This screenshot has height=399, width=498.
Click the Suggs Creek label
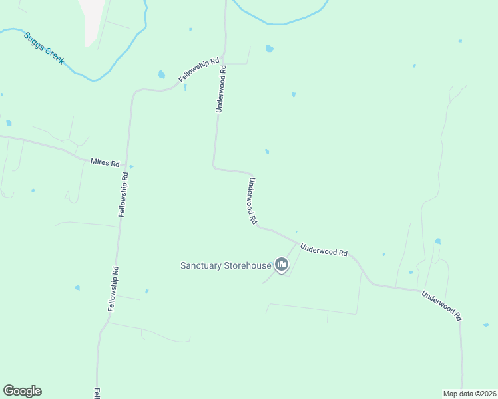[x=45, y=47]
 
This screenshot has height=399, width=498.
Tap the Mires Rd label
[x=105, y=163]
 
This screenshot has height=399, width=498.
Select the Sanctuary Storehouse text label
[x=226, y=265]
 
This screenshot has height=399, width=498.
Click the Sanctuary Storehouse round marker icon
[x=282, y=266]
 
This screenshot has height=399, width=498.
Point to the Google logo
[x=22, y=391]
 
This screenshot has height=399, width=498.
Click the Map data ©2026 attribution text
[x=469, y=394]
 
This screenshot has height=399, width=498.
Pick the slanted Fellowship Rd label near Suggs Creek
[x=199, y=70]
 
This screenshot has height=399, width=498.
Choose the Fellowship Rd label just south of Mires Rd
[x=123, y=194]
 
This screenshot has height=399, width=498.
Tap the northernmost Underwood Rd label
[x=222, y=89]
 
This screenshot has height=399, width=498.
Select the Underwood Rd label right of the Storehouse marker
[x=324, y=250]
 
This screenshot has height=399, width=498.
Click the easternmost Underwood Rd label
[x=441, y=305]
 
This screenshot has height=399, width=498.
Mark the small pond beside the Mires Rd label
[x=131, y=166]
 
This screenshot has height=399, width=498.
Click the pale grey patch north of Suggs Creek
[x=92, y=20]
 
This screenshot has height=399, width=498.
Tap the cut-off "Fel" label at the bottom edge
[x=97, y=393]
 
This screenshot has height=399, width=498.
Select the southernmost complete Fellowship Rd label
[x=113, y=289]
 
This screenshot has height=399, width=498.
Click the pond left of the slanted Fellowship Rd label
[x=162, y=74]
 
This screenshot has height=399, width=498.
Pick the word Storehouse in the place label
[x=248, y=265]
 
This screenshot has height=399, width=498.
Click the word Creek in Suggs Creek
[x=54, y=54]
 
